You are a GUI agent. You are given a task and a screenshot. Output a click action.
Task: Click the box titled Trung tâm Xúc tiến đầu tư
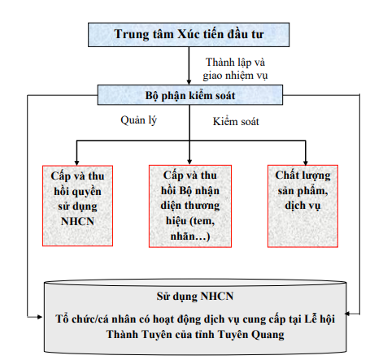(x=189, y=35)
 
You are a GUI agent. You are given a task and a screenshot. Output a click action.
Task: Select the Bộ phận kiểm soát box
(x=190, y=95)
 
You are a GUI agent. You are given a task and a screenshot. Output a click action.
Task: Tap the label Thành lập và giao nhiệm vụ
(x=235, y=68)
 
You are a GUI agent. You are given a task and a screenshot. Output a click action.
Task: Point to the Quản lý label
(x=138, y=120)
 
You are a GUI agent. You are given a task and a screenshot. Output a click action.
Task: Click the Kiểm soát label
(x=236, y=121)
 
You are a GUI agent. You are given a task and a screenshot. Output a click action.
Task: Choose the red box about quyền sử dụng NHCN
(x=77, y=206)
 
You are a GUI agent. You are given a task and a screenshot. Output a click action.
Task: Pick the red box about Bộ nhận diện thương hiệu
(x=190, y=206)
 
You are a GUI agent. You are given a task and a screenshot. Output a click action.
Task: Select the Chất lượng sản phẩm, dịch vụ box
(x=302, y=206)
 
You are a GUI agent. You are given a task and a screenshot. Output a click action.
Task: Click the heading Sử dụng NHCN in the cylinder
(x=195, y=296)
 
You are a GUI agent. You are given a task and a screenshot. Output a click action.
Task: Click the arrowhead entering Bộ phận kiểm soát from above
(x=189, y=82)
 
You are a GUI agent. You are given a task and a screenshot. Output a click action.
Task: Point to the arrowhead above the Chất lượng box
(x=306, y=163)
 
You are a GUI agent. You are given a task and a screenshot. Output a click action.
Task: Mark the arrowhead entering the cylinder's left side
(x=40, y=317)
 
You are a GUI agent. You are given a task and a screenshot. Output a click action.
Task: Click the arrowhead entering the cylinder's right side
(x=348, y=314)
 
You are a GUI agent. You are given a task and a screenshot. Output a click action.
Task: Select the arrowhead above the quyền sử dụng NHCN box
(x=76, y=163)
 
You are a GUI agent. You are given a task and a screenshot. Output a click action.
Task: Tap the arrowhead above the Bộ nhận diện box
(x=189, y=162)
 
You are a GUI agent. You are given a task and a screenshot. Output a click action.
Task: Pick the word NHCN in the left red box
(x=77, y=221)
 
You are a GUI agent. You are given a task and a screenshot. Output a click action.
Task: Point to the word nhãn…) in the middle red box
(x=190, y=236)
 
